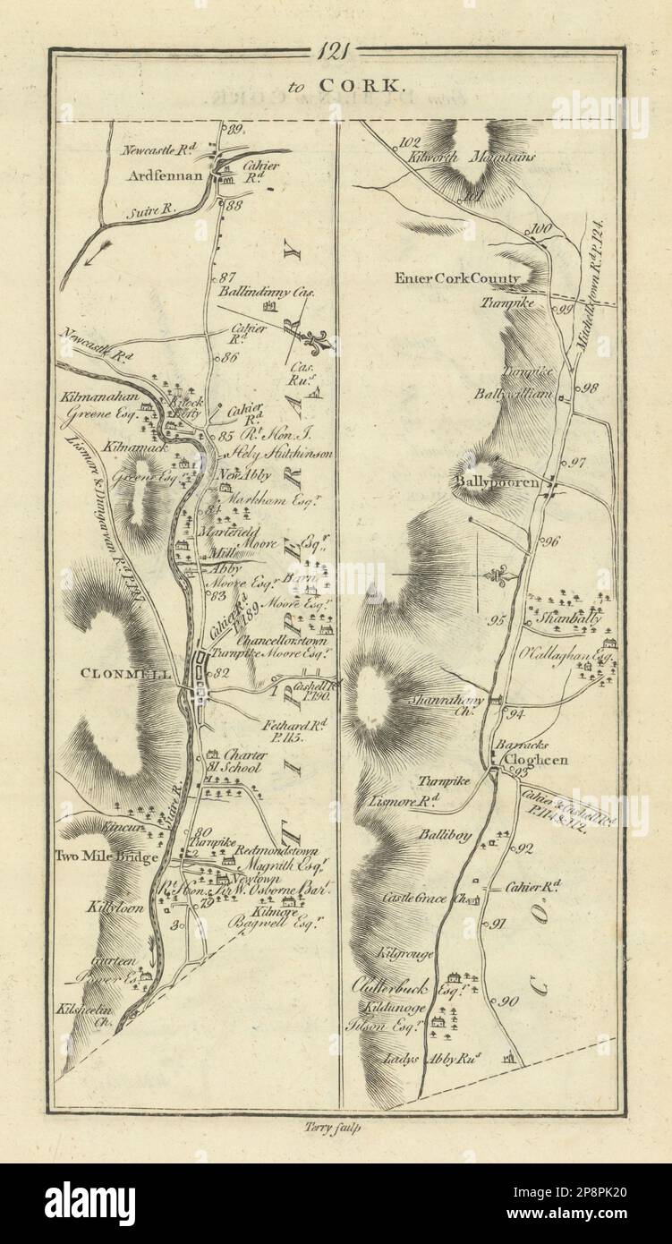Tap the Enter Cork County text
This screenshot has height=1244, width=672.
pos(456,278)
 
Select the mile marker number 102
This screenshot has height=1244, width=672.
pos(411,141)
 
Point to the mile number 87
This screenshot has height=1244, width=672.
pos(225,276)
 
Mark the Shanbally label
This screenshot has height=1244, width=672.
pos(568,618)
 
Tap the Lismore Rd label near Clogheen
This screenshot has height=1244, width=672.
pos(411,803)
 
